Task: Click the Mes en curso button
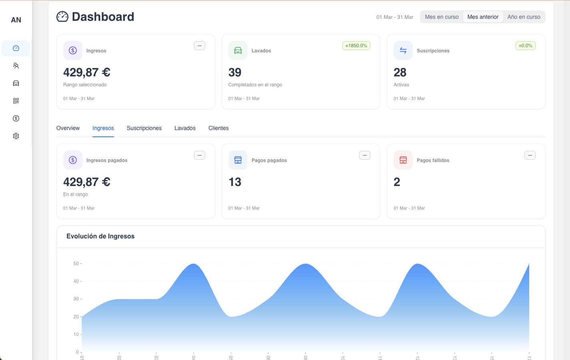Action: [442, 17]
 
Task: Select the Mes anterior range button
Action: [483, 17]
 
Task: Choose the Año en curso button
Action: [524, 17]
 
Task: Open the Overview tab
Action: [68, 128]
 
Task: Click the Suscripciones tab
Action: [144, 128]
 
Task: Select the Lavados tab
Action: [185, 128]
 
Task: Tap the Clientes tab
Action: [218, 128]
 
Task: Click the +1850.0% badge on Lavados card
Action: [356, 46]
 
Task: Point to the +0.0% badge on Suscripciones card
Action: [525, 46]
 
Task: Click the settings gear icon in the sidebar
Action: [16, 136]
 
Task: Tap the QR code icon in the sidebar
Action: [16, 101]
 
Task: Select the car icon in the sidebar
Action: [16, 83]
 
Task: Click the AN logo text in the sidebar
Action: [16, 20]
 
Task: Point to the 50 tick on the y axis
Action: [76, 264]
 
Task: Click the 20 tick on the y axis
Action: [76, 317]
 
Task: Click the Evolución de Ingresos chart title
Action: [100, 236]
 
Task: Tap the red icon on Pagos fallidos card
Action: [403, 160]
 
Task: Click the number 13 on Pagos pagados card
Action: [235, 182]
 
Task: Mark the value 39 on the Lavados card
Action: [235, 72]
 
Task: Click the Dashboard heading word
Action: [103, 17]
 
